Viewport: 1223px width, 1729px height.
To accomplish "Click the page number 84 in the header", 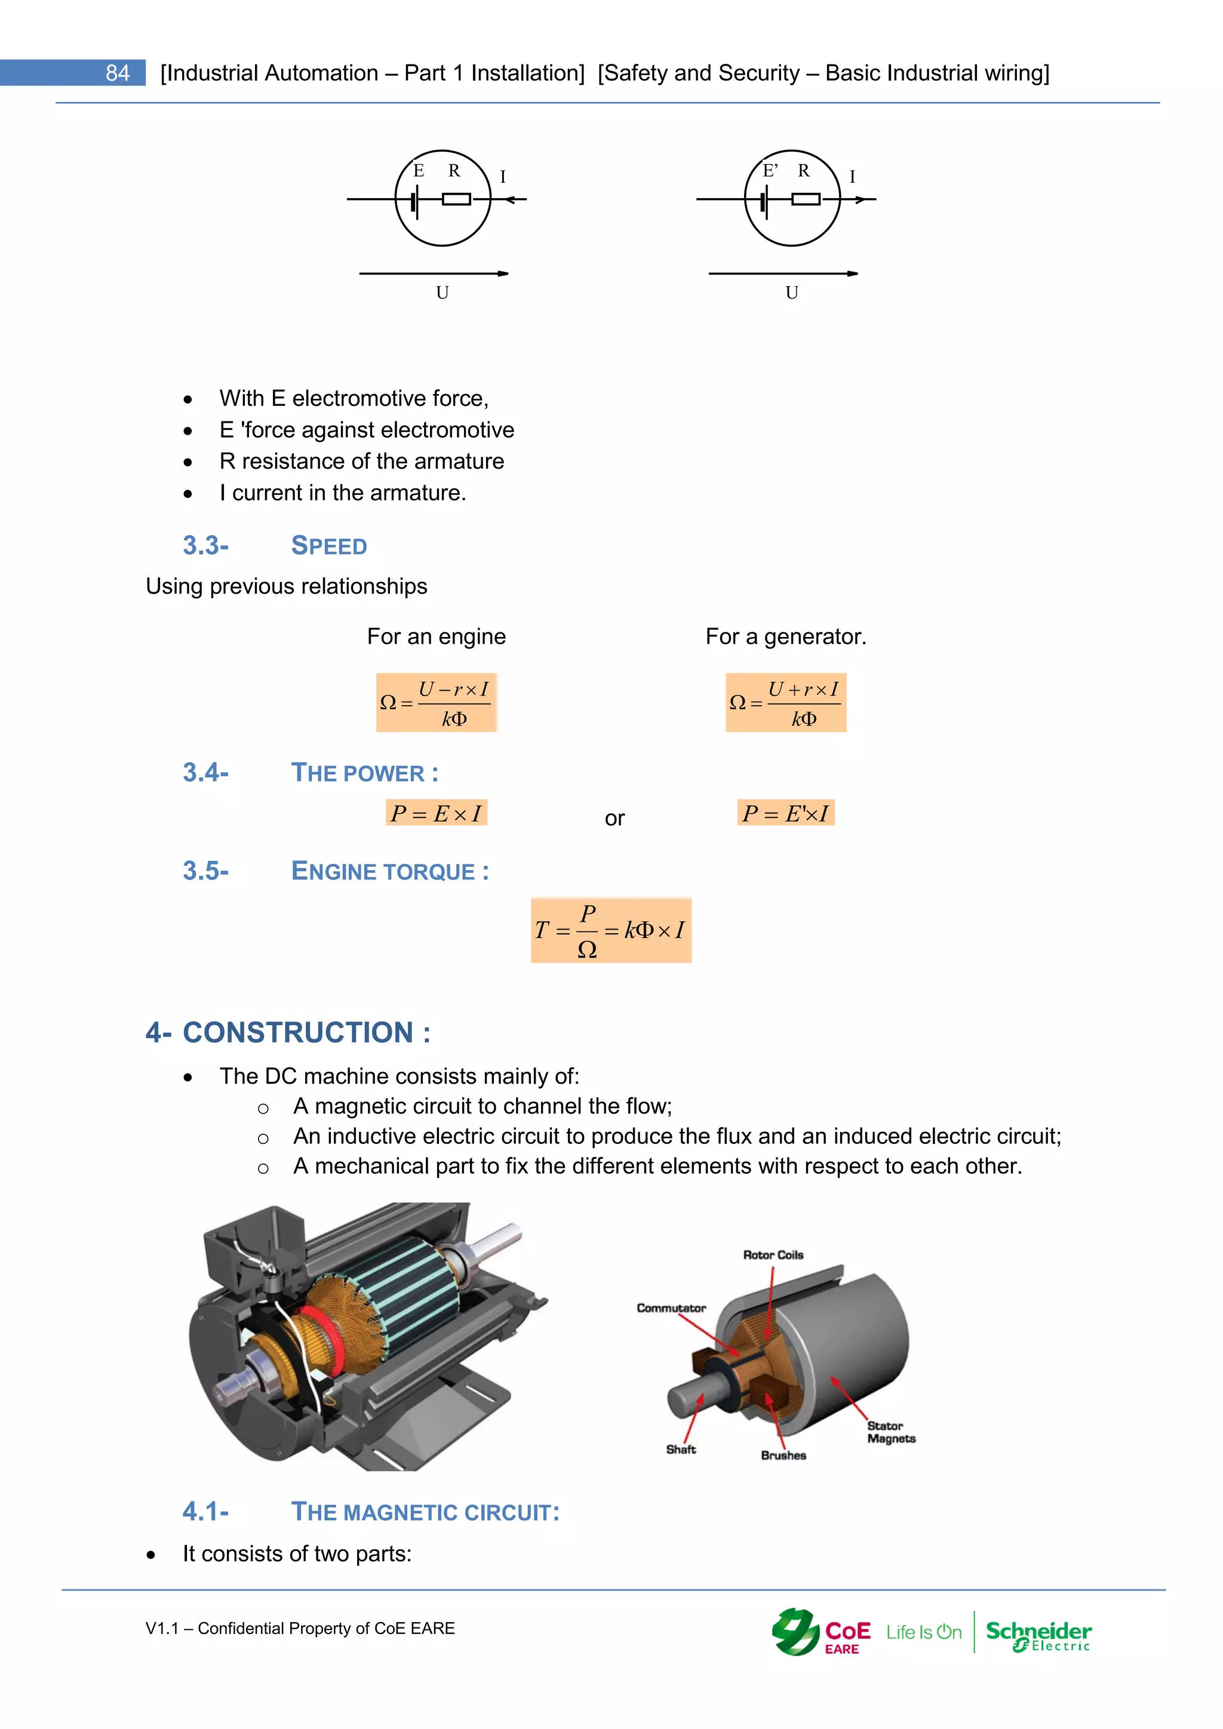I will coord(118,73).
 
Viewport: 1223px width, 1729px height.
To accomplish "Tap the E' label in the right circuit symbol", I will coord(770,171).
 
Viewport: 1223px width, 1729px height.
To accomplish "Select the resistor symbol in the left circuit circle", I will coord(456,199).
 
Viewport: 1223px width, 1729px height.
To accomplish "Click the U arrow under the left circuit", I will coord(434,273).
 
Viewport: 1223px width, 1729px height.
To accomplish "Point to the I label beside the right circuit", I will coord(853,177).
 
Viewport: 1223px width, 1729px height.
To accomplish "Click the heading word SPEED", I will coord(329,546).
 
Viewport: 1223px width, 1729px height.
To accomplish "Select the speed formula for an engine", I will coord(437,703).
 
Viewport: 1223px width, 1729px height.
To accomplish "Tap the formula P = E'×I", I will coord(785,813).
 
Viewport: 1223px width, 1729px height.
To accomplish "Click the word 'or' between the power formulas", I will coord(614,819).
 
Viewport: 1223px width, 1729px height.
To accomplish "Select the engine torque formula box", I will coord(611,930).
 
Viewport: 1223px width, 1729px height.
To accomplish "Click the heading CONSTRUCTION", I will coord(297,1032).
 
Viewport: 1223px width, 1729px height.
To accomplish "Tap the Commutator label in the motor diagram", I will coord(671,1308).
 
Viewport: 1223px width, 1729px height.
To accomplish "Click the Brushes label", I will coord(783,1456).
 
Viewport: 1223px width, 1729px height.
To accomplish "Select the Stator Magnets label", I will coord(891,1432).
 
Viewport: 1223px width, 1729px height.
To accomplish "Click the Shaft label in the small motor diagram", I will coord(681,1450).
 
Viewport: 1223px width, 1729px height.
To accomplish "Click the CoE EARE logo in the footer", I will coord(822,1633).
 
